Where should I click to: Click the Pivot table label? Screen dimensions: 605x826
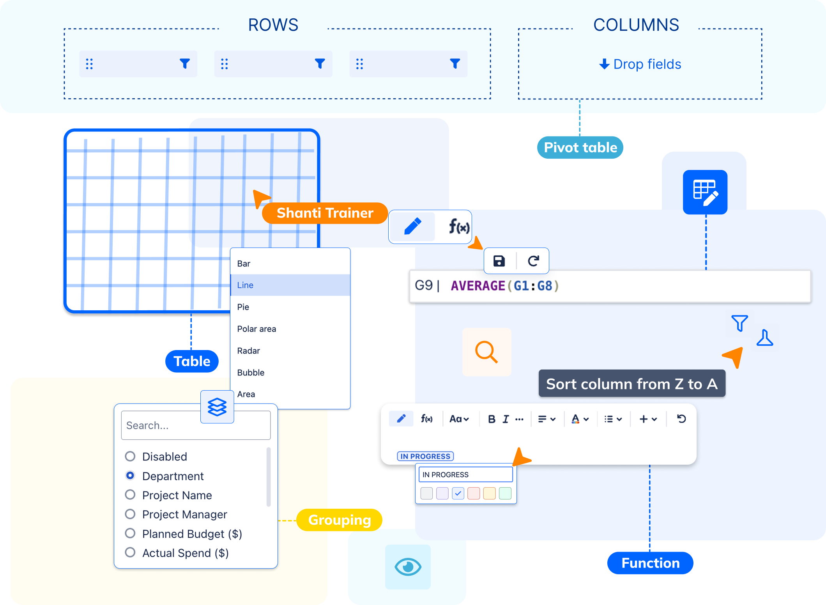[x=580, y=148]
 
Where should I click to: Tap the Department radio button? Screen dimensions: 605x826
[x=130, y=476]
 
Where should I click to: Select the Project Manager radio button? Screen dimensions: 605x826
[x=130, y=514]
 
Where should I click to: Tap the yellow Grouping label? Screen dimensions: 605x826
[x=339, y=520]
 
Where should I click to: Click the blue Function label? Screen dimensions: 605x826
[x=650, y=563]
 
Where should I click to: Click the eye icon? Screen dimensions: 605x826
[x=408, y=567]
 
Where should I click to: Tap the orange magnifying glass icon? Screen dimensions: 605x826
[x=486, y=352]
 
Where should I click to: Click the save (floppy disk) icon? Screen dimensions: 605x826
[x=499, y=261]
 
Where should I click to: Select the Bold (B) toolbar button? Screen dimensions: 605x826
[x=492, y=419]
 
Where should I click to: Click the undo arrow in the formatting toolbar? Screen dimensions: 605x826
[x=681, y=419]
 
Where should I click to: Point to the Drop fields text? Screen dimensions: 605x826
[x=647, y=64]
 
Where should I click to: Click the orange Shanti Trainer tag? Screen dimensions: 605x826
[x=325, y=213]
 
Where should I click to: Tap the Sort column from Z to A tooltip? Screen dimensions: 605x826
[x=631, y=384]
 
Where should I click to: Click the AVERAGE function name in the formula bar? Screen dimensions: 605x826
[x=478, y=286]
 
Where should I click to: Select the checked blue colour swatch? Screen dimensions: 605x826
[x=458, y=493]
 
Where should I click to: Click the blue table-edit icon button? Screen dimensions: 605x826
[x=705, y=192]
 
